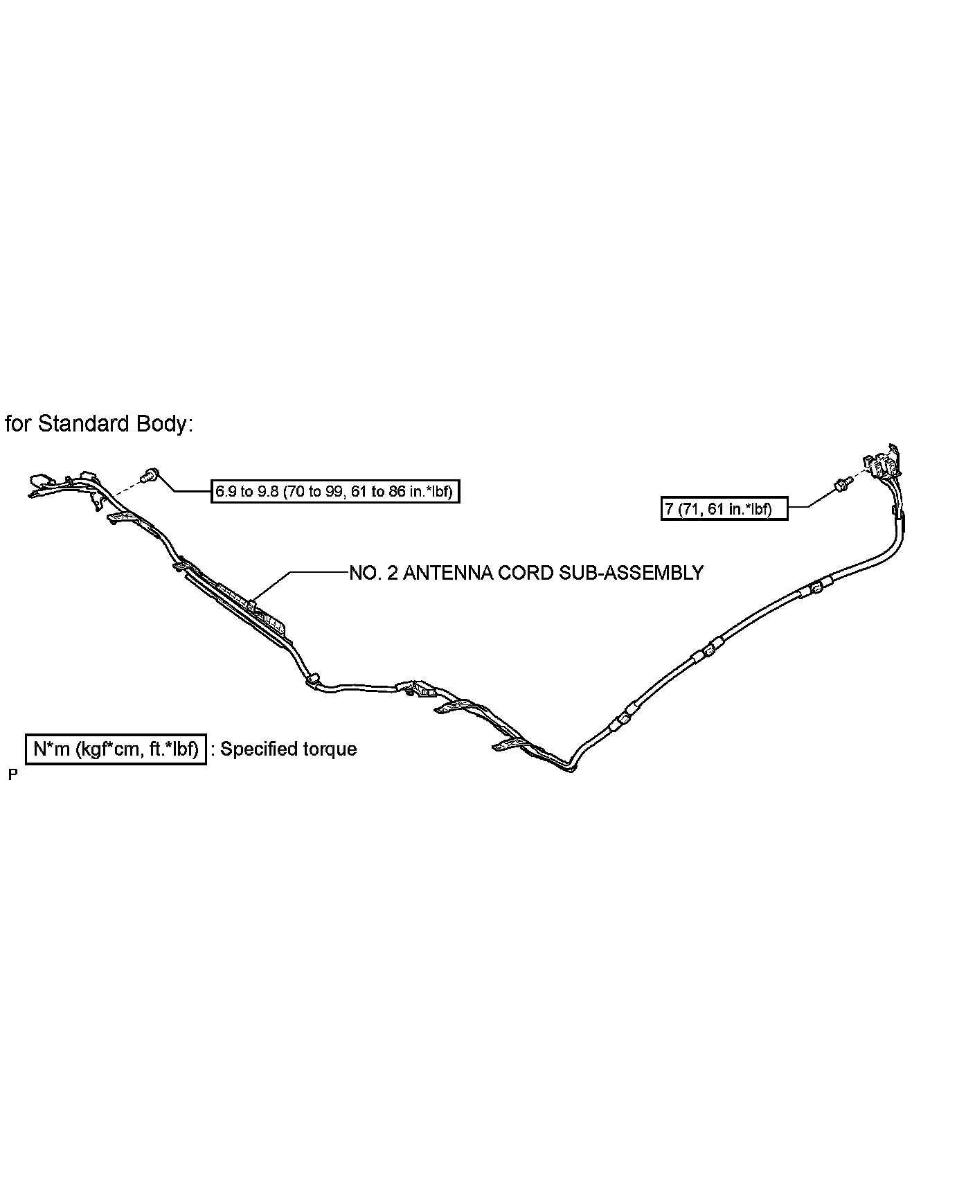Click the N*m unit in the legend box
[x=51, y=749]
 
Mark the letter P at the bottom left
[x=12, y=774]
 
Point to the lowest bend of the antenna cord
[x=570, y=769]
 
